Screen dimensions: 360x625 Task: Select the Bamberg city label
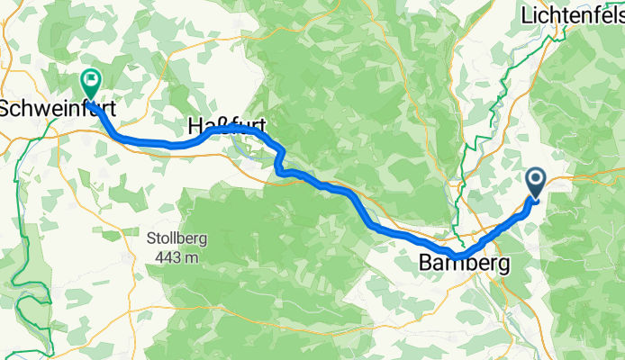(464, 264)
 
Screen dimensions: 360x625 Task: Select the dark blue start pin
(535, 183)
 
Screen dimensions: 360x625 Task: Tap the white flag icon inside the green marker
(91, 79)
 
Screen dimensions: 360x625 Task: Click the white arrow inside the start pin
(535, 180)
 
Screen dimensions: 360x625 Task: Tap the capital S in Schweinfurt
(5, 108)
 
